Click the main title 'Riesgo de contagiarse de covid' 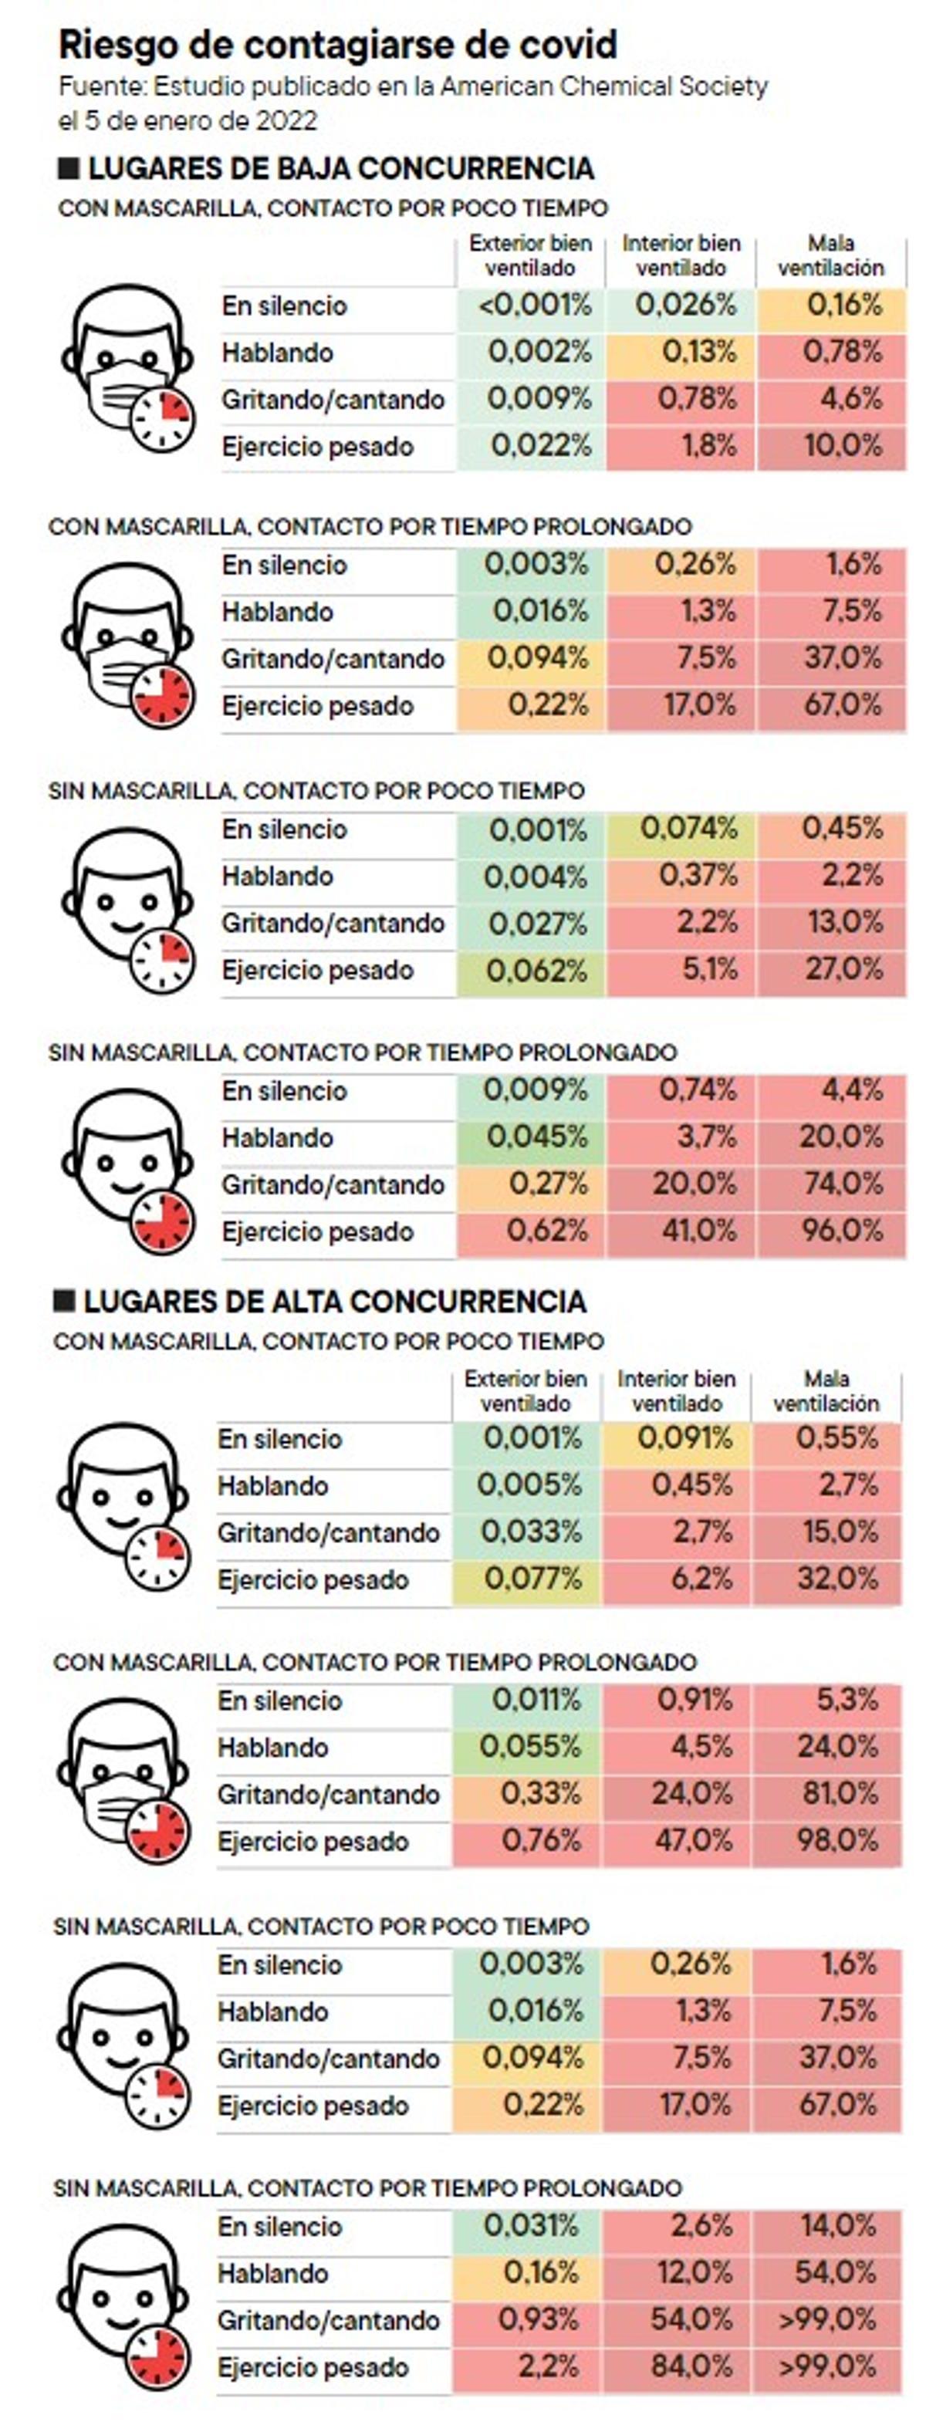tap(338, 45)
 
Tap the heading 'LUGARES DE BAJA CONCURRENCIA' tap(340, 169)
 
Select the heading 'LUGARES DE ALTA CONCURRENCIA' tap(334, 1301)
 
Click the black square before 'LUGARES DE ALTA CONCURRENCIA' tap(64, 1301)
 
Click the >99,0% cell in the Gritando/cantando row tap(827, 2319)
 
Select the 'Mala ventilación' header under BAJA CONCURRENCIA tap(830, 256)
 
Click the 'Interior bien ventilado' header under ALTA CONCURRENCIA tap(676, 1390)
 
